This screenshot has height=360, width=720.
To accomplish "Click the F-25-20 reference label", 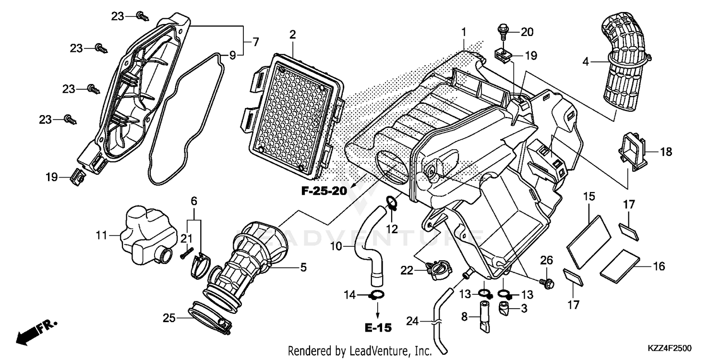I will click(x=324, y=191).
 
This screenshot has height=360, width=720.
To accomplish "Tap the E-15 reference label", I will click(x=377, y=328).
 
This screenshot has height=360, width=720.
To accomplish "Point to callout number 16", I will click(x=660, y=266).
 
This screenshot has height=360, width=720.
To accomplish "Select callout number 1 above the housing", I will click(x=463, y=32).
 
